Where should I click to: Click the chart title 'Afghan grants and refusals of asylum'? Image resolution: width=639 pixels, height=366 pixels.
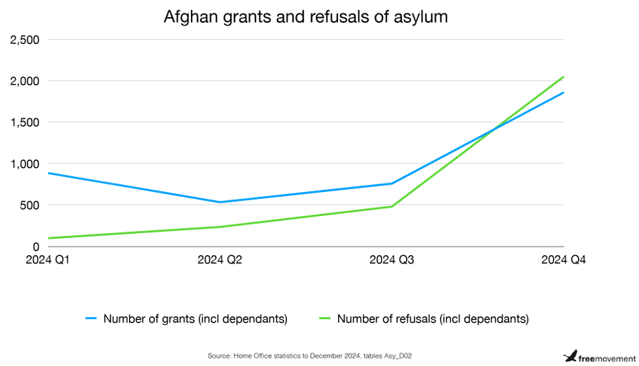point(306,16)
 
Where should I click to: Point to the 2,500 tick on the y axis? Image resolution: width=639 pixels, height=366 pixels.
point(25,40)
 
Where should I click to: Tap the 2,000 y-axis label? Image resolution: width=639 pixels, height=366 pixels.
point(25,81)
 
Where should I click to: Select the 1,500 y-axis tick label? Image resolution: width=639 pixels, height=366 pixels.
point(25,122)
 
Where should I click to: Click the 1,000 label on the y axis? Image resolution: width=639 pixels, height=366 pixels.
point(25,163)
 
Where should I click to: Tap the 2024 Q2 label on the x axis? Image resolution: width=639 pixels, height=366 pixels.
point(219,260)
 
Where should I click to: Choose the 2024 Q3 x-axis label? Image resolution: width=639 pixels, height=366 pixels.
point(393,260)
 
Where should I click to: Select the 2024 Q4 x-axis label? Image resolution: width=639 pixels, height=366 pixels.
point(564,260)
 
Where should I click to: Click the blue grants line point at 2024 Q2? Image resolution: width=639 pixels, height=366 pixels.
point(219,202)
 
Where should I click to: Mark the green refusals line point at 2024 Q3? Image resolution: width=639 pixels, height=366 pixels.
point(393,206)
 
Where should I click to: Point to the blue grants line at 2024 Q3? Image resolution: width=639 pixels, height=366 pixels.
point(393,183)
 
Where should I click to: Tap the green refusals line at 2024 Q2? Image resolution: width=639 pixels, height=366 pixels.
point(219,227)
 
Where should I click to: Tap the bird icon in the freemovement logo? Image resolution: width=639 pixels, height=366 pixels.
point(569,355)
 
